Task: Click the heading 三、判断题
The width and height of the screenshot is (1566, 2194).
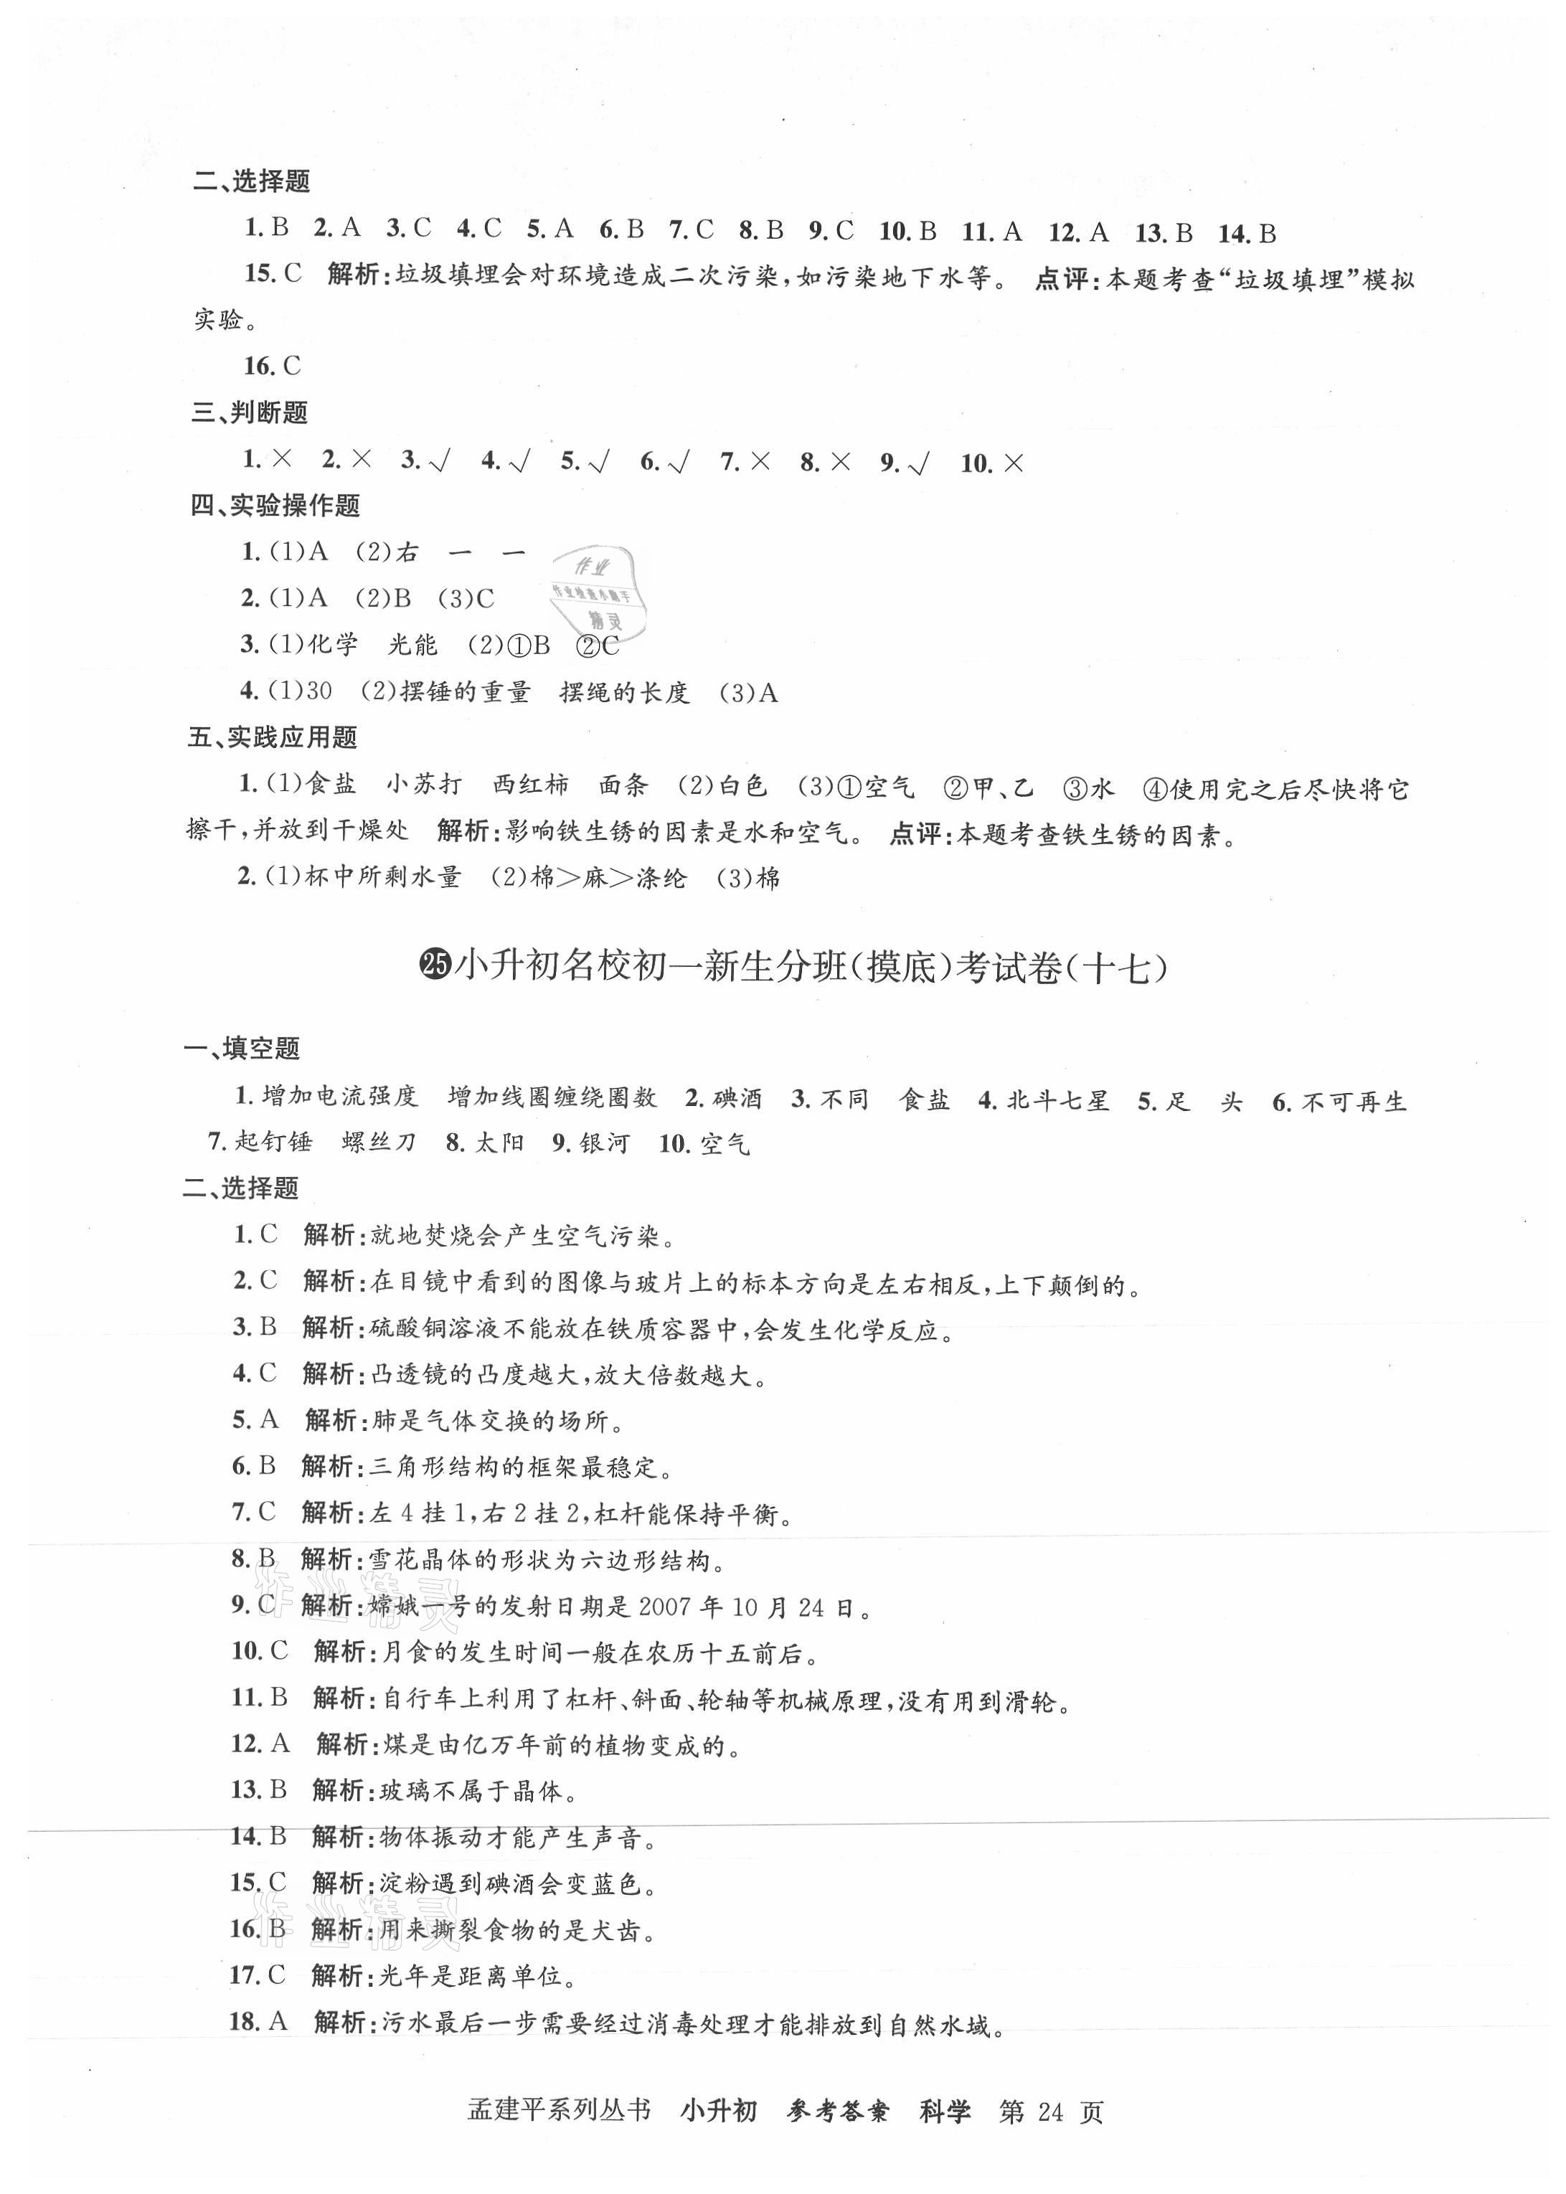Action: [x=250, y=412]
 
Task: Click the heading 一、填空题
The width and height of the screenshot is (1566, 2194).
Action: [x=242, y=1048]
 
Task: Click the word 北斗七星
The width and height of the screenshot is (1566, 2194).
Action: [x=1057, y=1100]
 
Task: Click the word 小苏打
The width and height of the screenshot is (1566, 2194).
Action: [x=424, y=785]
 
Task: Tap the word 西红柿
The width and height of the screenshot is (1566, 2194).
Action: [x=530, y=785]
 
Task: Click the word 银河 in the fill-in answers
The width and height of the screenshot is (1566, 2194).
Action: [x=605, y=1143]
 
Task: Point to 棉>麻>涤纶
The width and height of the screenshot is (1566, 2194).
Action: [x=608, y=877]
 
